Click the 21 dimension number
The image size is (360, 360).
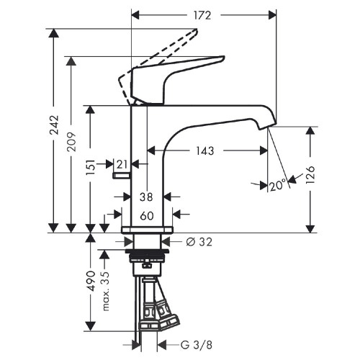(x=122, y=165)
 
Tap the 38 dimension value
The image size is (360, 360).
(x=147, y=196)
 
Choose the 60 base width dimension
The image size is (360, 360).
(x=147, y=215)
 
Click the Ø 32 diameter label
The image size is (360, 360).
(x=199, y=243)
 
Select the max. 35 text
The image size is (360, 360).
(x=106, y=287)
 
